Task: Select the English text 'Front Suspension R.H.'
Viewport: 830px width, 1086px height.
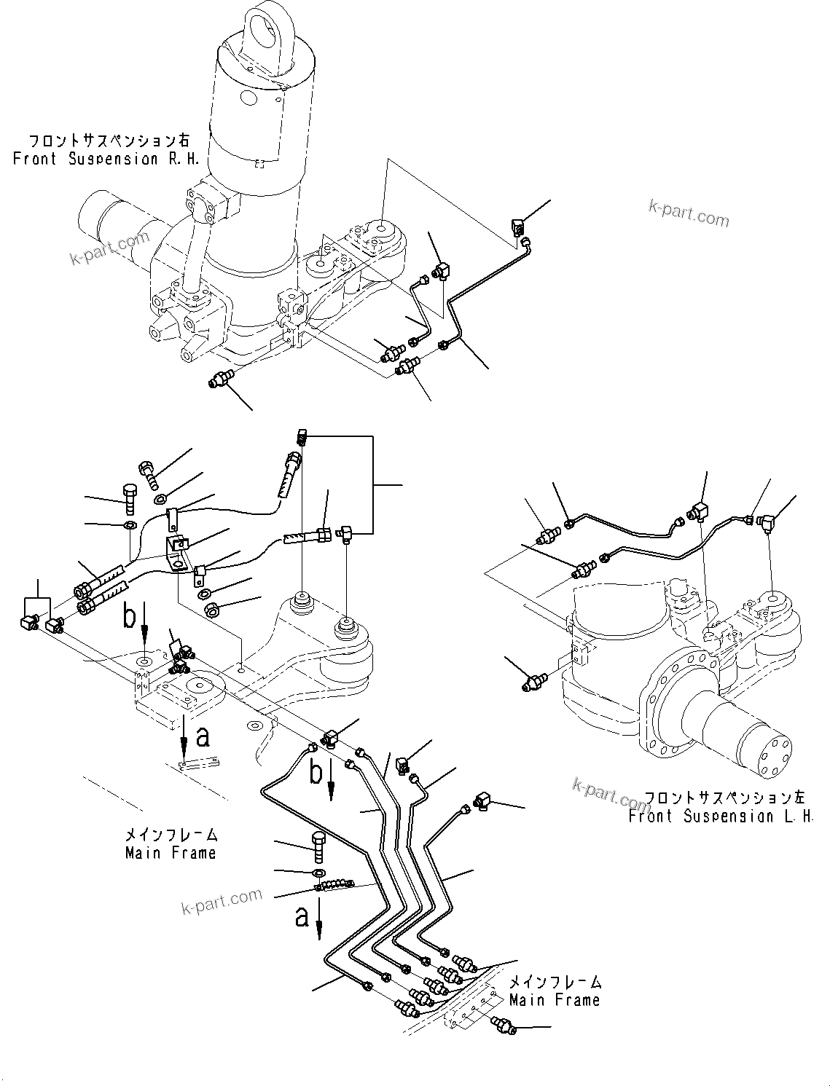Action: tap(106, 159)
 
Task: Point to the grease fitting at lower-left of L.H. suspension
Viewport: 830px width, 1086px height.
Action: tap(534, 682)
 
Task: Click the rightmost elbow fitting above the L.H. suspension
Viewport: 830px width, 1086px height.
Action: tap(767, 522)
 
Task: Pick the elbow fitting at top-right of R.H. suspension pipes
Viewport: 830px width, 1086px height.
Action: tap(519, 227)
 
